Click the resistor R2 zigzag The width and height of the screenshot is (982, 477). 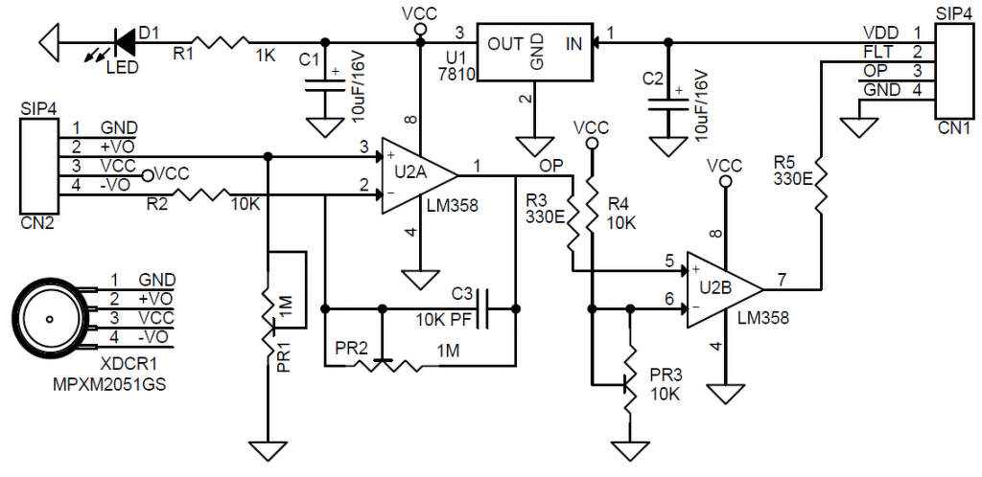200,196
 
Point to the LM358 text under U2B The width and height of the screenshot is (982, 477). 764,318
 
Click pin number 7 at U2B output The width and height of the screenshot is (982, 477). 782,279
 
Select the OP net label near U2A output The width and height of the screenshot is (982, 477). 551,165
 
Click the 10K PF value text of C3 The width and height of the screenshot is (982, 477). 444,319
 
